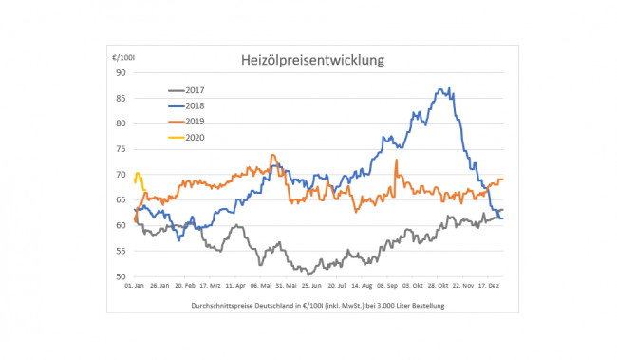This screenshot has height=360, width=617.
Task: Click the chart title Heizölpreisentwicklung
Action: (313, 60)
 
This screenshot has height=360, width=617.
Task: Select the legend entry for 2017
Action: (186, 90)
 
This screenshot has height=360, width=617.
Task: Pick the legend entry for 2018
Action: (186, 106)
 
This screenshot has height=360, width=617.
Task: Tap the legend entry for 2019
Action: (186, 122)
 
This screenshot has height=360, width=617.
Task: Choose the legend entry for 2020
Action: (186, 138)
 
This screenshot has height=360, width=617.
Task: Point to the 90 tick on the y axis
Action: (121, 73)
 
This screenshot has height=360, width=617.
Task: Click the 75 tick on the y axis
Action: (121, 149)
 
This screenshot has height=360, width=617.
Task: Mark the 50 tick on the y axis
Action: (121, 276)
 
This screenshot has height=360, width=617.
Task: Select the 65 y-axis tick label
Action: (121, 200)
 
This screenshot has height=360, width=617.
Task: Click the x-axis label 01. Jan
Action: (134, 286)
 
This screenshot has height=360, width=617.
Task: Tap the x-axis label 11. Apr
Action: (235, 286)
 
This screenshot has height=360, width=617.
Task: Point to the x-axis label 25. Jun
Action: (311, 286)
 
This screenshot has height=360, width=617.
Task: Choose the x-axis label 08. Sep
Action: (387, 286)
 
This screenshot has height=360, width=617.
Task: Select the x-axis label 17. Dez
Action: (488, 286)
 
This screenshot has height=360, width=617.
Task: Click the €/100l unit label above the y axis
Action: (123, 58)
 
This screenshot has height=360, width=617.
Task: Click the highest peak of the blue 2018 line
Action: (449, 88)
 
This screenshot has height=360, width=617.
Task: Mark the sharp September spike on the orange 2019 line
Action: (396, 160)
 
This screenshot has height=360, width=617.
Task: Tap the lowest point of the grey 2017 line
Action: (308, 275)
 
